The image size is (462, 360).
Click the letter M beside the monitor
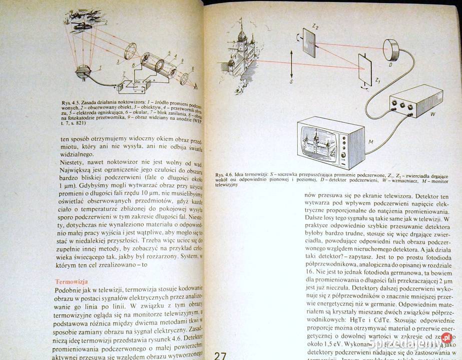coord(371,142)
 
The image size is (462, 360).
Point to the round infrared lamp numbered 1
coord(82,71)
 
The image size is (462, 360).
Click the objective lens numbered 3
coord(130,50)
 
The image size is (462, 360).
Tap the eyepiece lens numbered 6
coord(185,78)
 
